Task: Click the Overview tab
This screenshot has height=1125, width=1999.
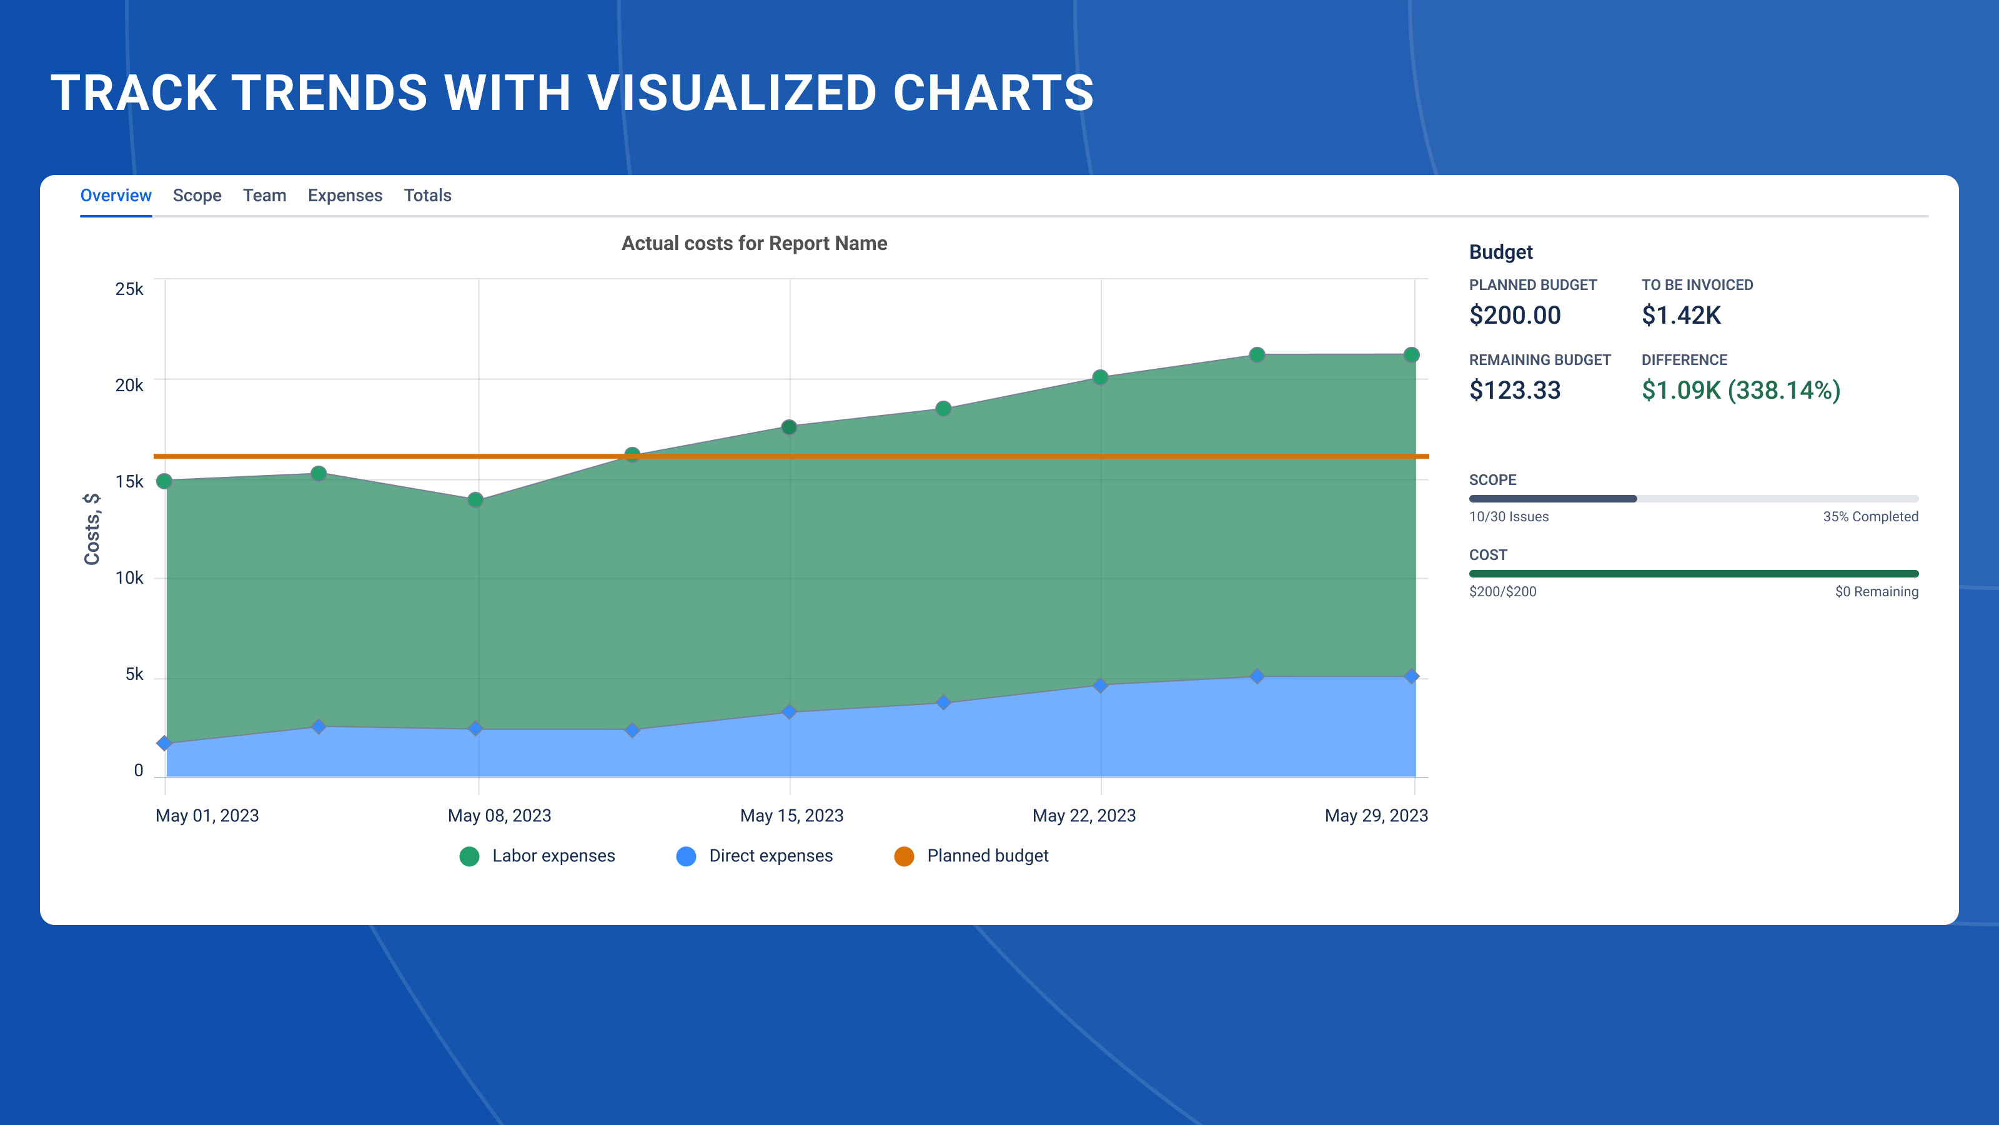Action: point(116,196)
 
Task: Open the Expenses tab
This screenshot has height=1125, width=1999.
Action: point(345,196)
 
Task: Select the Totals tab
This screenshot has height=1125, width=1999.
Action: point(427,196)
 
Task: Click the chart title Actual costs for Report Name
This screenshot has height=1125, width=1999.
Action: point(753,244)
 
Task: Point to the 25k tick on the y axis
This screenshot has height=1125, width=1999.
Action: point(129,289)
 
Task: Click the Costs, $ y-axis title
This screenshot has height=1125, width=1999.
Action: point(92,529)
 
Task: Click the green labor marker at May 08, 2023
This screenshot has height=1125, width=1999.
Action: point(475,500)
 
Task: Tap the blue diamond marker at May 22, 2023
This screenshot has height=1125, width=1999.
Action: point(1100,686)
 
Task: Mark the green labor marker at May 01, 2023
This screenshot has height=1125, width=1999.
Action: point(164,481)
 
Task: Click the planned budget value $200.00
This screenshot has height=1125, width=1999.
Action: point(1515,315)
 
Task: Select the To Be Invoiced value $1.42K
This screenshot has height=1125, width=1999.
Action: point(1681,315)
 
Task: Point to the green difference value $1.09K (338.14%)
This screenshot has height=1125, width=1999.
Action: point(1740,391)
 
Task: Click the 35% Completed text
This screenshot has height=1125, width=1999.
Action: point(1870,517)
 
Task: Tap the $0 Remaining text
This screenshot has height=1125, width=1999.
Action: point(1877,592)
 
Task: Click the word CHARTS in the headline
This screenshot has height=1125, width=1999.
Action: point(993,93)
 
